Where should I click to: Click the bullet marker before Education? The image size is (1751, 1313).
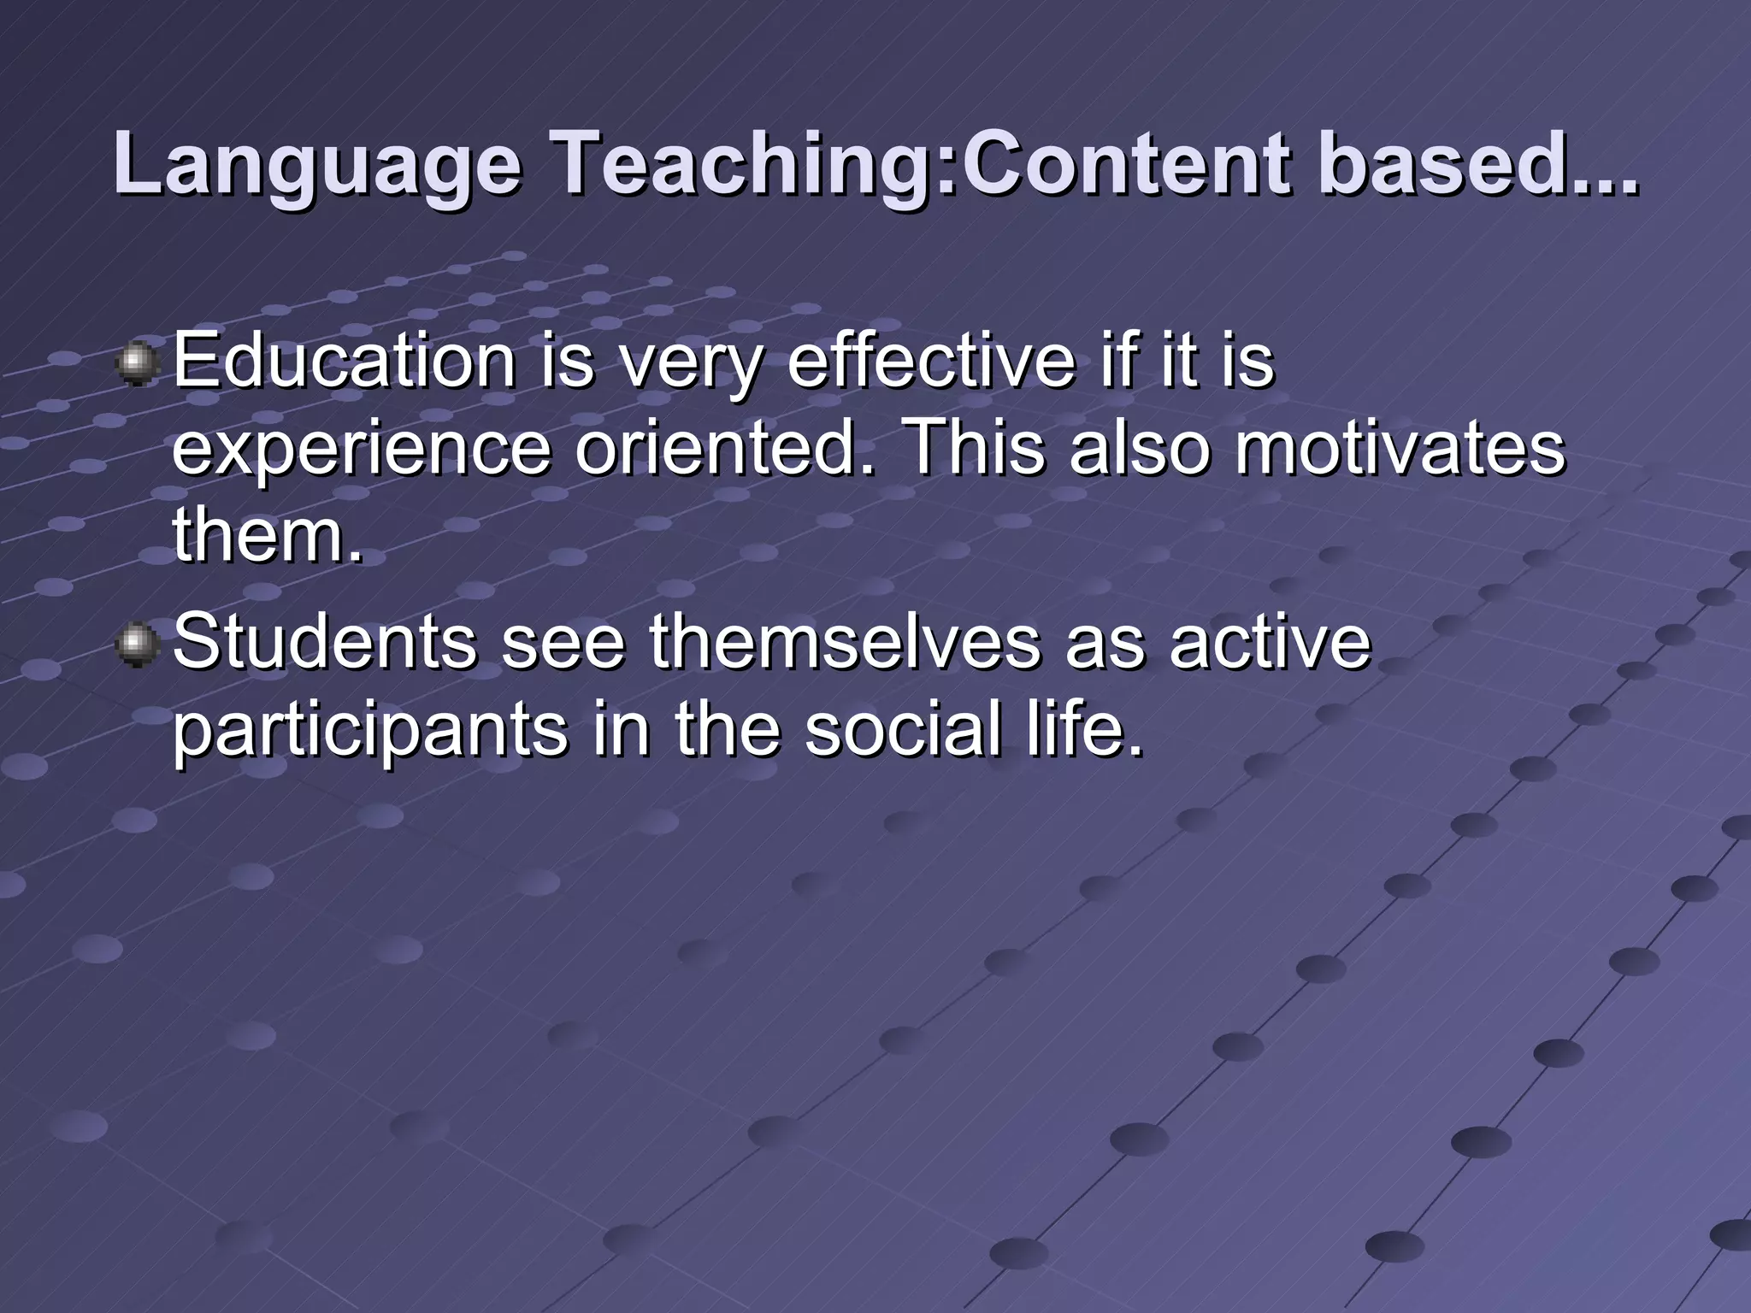coord(137,363)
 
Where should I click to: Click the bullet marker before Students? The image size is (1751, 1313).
coord(137,643)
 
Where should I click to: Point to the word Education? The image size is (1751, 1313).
coord(344,361)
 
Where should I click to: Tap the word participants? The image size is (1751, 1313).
coord(369,732)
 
